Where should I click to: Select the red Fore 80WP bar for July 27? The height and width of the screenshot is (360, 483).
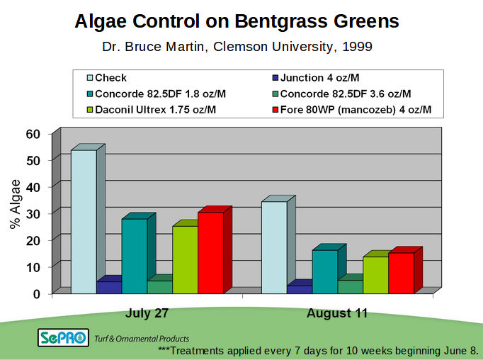210,252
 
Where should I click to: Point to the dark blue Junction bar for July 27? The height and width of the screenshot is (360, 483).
108,287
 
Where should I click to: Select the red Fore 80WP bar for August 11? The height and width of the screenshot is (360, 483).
401,273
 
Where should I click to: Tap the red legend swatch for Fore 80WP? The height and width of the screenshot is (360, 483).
276,111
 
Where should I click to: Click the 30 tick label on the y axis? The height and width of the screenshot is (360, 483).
33,213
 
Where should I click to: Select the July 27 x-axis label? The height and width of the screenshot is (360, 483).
147,313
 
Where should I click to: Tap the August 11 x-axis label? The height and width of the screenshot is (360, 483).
337,313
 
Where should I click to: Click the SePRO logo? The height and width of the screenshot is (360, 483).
64,338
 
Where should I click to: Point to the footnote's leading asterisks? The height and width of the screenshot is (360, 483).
164,350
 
